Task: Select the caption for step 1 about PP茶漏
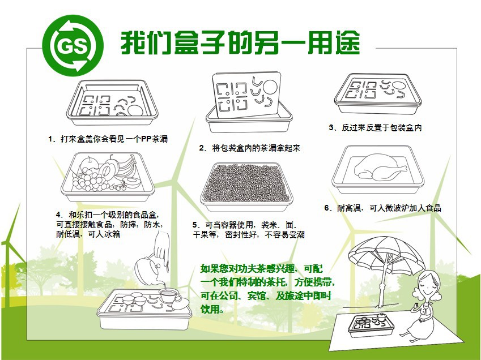108,139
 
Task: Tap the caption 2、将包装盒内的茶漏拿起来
249,148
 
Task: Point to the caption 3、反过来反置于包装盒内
375,128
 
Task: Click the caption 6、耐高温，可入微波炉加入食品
382,208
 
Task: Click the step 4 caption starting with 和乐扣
110,224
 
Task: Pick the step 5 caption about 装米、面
249,229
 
